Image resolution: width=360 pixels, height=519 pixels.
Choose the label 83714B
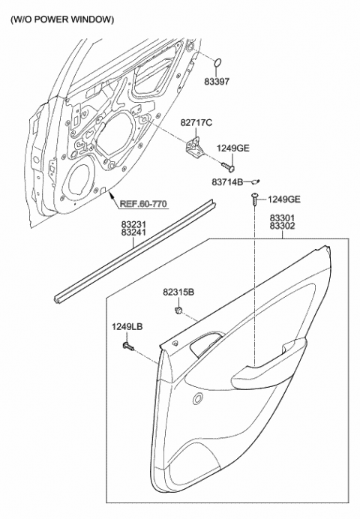click(x=228, y=182)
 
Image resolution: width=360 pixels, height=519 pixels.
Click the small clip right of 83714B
click(x=256, y=181)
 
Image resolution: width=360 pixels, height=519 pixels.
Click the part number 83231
click(x=136, y=224)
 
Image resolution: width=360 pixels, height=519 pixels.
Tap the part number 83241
click(x=136, y=233)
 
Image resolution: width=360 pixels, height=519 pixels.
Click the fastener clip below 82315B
click(x=178, y=311)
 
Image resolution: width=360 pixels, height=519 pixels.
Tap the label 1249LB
click(x=126, y=326)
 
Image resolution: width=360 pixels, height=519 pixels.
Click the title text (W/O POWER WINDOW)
click(x=62, y=18)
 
